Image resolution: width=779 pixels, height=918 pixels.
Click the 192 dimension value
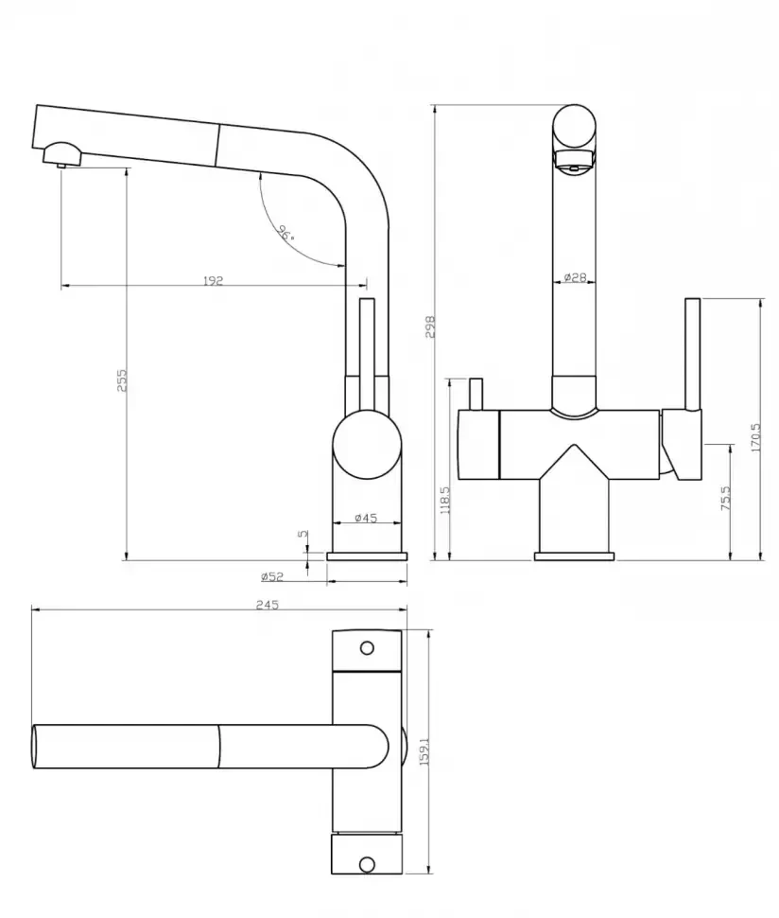coord(213,281)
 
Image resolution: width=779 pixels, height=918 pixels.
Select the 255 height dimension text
coord(122,380)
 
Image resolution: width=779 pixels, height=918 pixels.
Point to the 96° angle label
coord(286,233)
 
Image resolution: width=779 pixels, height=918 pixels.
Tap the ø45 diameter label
coord(366,518)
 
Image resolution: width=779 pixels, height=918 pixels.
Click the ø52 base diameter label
coord(272,576)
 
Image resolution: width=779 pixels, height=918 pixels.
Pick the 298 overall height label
coord(430,327)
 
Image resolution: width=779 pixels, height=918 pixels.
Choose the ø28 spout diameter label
coord(575,277)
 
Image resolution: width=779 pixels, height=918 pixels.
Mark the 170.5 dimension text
coord(755,437)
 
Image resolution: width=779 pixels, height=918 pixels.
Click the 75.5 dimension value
coord(725,498)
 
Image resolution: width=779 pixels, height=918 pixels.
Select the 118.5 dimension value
coord(444,500)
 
